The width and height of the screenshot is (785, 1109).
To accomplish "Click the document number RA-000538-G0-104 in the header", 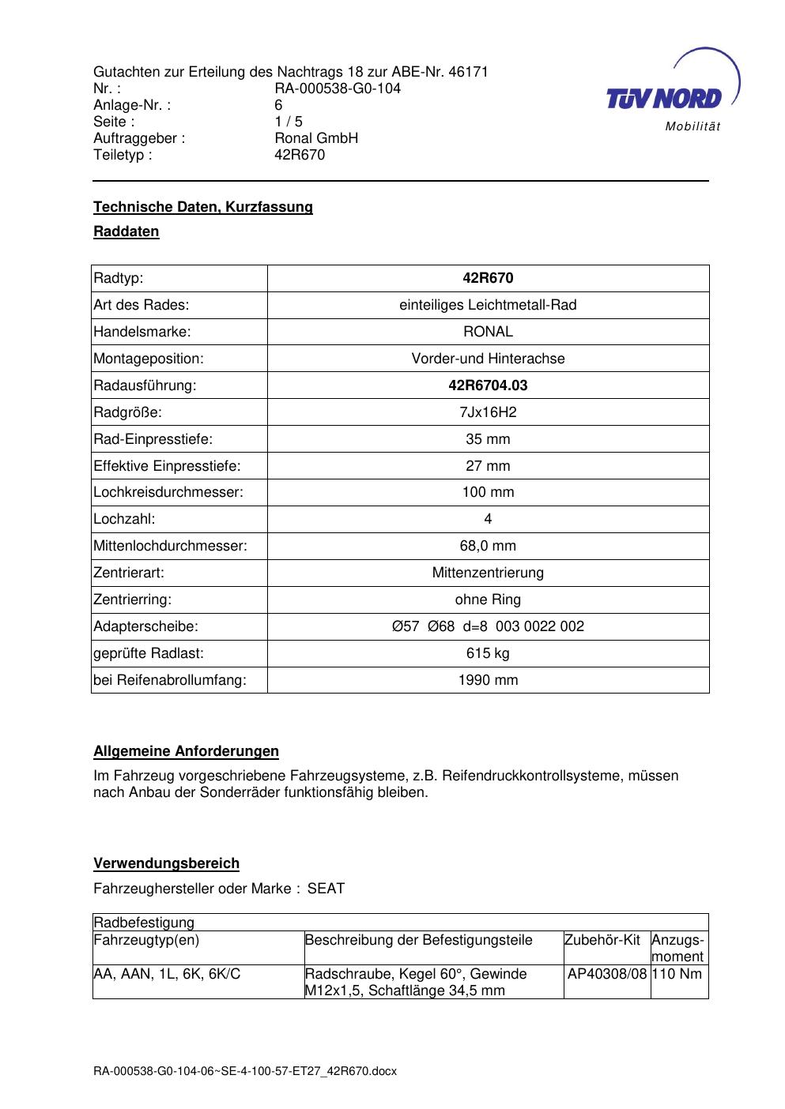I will [x=338, y=88].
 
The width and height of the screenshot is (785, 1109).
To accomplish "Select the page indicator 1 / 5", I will [x=289, y=122].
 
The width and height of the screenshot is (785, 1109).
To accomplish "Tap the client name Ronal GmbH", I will [x=316, y=138].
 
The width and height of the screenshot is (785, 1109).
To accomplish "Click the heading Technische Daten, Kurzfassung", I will [x=203, y=207].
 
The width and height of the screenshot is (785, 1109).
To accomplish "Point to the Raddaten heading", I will [x=126, y=231].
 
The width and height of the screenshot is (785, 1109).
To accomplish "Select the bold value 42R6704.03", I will [x=488, y=385].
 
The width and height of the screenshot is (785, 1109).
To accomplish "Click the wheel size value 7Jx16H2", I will [x=488, y=412].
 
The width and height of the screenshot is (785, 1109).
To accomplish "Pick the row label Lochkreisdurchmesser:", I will [x=168, y=492].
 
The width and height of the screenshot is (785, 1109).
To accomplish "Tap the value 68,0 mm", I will [x=488, y=546].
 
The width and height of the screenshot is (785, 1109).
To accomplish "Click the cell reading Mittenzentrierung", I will [x=488, y=573].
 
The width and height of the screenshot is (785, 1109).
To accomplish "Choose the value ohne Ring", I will [x=488, y=600].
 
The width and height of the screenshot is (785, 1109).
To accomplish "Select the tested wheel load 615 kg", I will [x=488, y=653].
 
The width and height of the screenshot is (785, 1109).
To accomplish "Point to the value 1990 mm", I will [x=488, y=680].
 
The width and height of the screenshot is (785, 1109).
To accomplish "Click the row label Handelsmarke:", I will [x=142, y=332].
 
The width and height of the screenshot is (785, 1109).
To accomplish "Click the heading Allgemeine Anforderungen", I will [x=186, y=751].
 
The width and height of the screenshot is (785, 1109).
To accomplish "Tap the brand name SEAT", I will [x=326, y=889].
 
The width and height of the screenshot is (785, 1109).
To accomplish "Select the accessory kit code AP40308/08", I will [x=607, y=974].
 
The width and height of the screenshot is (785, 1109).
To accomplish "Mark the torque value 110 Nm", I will [x=677, y=974].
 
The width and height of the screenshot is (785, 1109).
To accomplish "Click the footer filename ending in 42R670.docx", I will [x=245, y=1072].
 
